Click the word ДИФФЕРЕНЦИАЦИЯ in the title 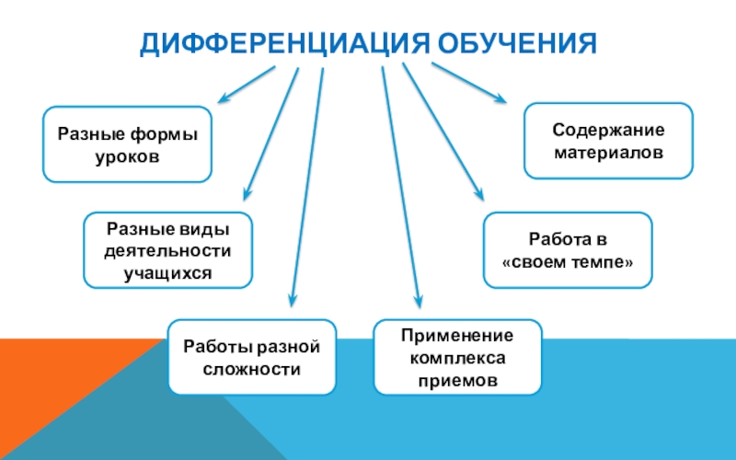(283, 43)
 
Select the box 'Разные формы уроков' (128, 144)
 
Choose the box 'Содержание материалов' (608, 140)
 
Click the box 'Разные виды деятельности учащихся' (167, 249)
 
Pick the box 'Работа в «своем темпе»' (568, 249)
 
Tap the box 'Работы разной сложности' (251, 358)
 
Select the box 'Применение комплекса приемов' (457, 357)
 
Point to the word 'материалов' (608, 152)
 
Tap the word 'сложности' (251, 369)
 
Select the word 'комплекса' (457, 357)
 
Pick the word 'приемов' (457, 379)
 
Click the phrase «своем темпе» (568, 261)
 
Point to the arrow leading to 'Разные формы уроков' (247, 84)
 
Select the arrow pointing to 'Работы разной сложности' (307, 184)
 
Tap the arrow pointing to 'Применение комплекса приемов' (401, 184)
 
